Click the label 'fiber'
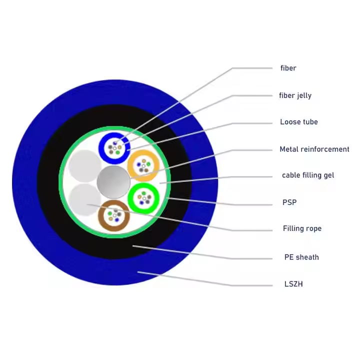(288, 68)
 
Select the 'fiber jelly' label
(295, 95)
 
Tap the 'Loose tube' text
(298, 122)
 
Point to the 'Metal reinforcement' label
(314, 149)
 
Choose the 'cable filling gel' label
(307, 175)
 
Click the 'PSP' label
(289, 202)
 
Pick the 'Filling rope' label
(302, 228)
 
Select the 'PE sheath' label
(301, 257)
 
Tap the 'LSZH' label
(293, 284)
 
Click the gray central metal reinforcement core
(113, 181)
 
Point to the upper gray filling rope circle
(84, 165)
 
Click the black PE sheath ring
(50, 200)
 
